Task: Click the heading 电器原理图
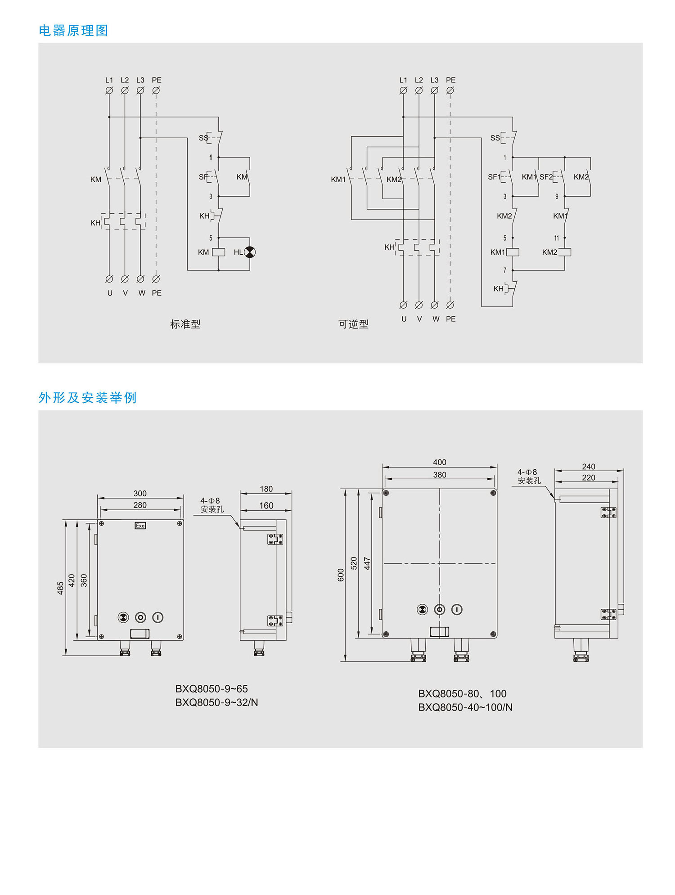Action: pos(73,31)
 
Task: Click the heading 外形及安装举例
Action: pos(87,398)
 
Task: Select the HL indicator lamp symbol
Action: pos(249,252)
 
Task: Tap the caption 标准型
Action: pos(185,324)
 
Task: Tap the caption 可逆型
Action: pos(353,324)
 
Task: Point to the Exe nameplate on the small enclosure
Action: pos(140,526)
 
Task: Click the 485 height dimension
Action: pos(60,588)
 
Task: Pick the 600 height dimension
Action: pos(341,575)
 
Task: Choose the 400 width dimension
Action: pos(440,462)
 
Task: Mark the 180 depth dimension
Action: pos(266,489)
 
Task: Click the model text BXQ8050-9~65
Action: pos(211,689)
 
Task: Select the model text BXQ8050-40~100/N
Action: pos(465,707)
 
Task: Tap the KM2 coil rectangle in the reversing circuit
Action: pos(564,252)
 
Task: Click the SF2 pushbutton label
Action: pos(546,177)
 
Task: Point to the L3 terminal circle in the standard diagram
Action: pos(140,90)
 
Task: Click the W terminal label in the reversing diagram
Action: pos(436,319)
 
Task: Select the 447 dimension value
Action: pos(367,563)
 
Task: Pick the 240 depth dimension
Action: pos(588,467)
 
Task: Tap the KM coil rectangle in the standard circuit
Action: pos(219,252)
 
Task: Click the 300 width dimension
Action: pos(140,493)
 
